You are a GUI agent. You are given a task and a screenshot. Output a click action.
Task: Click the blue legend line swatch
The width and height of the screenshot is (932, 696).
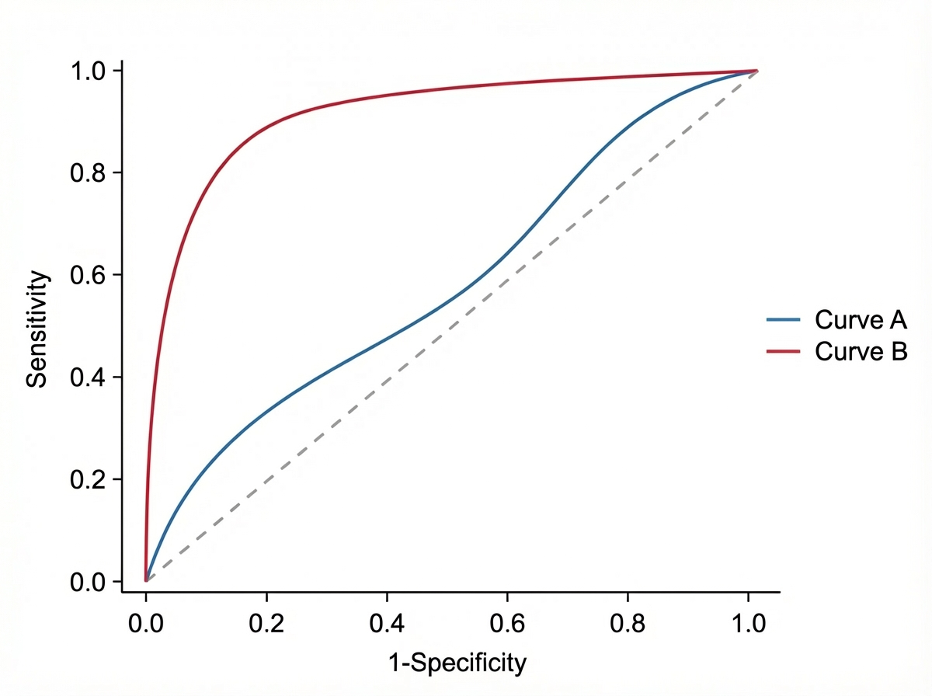pyautogui.click(x=783, y=319)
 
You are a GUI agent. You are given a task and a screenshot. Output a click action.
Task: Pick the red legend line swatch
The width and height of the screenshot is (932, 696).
pyautogui.click(x=783, y=351)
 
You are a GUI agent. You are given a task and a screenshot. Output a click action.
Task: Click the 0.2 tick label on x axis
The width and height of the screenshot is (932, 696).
pyautogui.click(x=266, y=624)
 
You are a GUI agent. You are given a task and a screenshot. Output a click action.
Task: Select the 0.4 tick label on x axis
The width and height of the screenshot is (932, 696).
pyautogui.click(x=386, y=624)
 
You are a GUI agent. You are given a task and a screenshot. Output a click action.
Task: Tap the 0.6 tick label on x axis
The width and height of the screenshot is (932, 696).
pyautogui.click(x=506, y=624)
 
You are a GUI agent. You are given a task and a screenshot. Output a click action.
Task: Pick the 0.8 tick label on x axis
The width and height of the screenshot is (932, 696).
pyautogui.click(x=627, y=624)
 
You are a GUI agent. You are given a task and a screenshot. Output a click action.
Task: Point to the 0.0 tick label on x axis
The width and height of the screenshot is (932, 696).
pyautogui.click(x=145, y=624)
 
